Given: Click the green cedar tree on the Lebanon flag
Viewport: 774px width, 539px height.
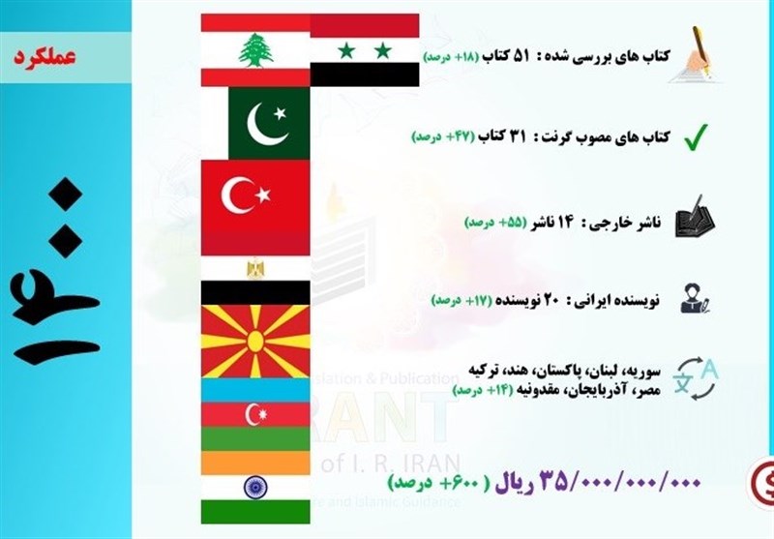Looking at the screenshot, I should tap(255, 50).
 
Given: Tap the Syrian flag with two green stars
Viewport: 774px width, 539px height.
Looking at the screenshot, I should tap(365, 49).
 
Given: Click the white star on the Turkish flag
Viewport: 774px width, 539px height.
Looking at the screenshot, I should tap(261, 197).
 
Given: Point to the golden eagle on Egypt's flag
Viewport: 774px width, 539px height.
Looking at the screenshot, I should tap(255, 268).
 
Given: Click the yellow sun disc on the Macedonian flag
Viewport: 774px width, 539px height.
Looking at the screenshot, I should tap(255, 341).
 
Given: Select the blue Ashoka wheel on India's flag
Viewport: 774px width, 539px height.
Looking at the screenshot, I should tap(255, 486).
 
